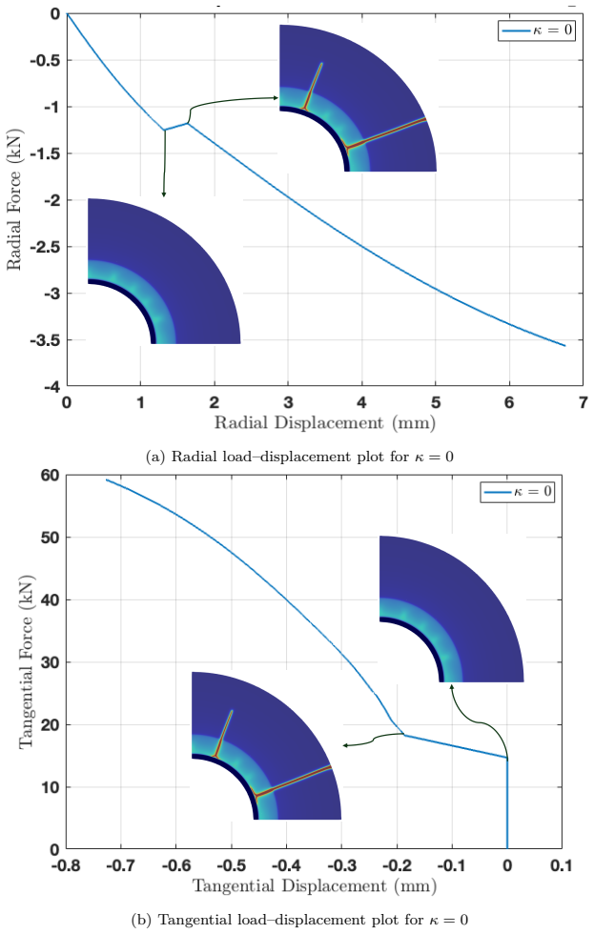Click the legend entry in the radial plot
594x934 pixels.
(x=537, y=30)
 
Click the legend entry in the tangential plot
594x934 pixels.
(x=518, y=492)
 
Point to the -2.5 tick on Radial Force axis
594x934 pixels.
(x=45, y=247)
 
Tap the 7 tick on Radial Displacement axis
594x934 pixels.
(x=584, y=402)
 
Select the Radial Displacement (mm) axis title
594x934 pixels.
(x=325, y=423)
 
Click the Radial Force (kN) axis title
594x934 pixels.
(x=14, y=199)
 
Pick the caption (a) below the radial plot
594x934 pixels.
(x=299, y=457)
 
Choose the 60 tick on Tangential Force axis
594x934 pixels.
(x=50, y=476)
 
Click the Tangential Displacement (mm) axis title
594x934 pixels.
(x=315, y=886)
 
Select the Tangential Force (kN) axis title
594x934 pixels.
(x=26, y=661)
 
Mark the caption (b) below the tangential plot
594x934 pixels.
(x=299, y=920)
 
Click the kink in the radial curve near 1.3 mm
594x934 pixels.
(x=164, y=130)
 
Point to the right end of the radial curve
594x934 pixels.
(x=564, y=345)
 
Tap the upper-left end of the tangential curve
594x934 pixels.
(x=107, y=479)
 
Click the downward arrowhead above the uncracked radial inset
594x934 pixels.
(x=164, y=194)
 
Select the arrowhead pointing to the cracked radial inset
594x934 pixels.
(x=276, y=97)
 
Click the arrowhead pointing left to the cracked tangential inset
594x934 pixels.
(x=345, y=745)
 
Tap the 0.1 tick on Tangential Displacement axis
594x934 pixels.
(x=562, y=865)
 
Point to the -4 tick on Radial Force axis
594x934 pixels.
(x=51, y=387)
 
